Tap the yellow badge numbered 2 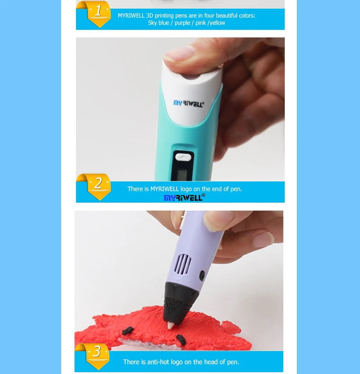pyautogui.click(x=99, y=187)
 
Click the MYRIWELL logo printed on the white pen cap pyautogui.click(x=189, y=104)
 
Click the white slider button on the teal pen pyautogui.click(x=183, y=157)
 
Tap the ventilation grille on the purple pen pyautogui.click(x=183, y=264)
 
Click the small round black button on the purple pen pyautogui.click(x=202, y=275)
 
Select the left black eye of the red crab pyautogui.click(x=128, y=330)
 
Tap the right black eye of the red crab pyautogui.click(x=181, y=340)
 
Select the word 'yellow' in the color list pyautogui.click(x=217, y=23)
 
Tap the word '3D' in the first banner pyautogui.click(x=150, y=15)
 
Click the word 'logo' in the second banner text pyautogui.click(x=186, y=189)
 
